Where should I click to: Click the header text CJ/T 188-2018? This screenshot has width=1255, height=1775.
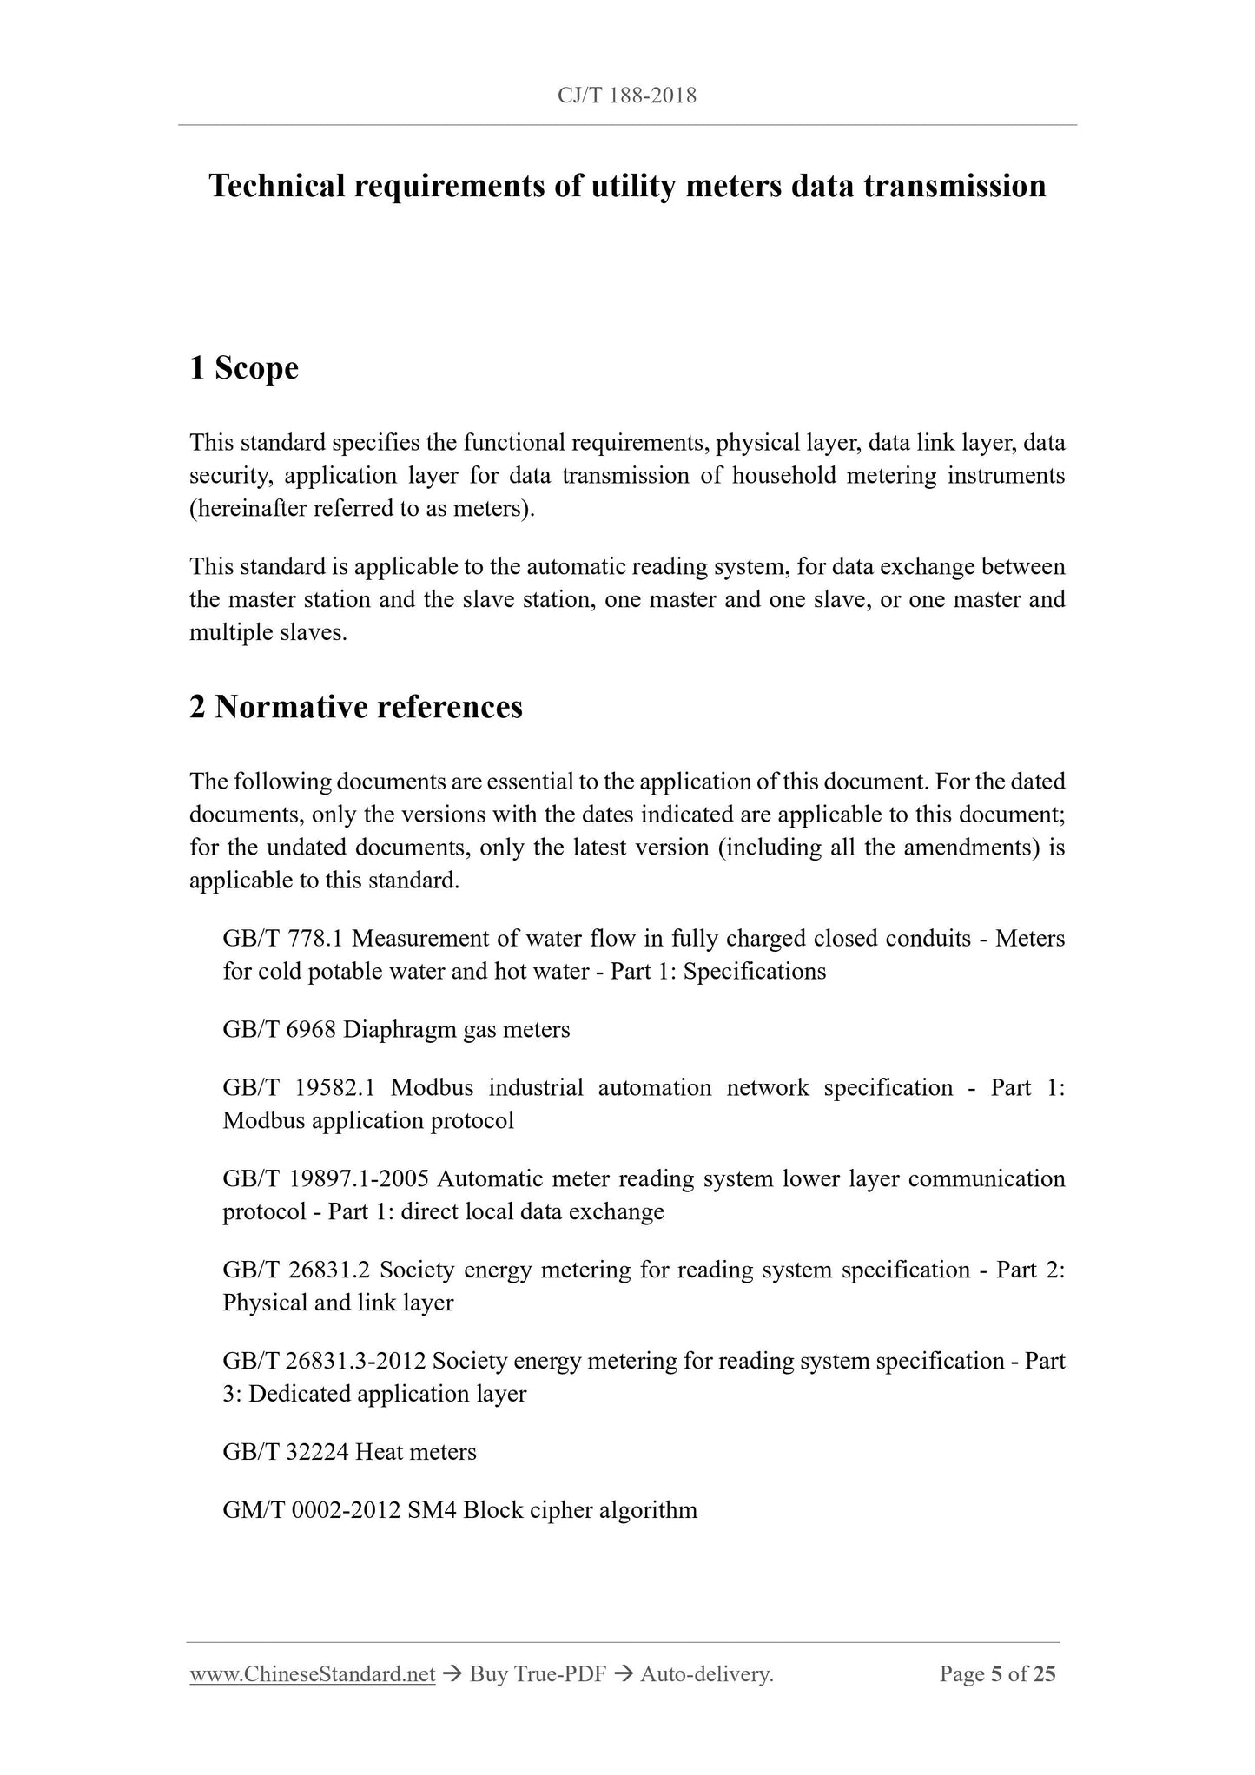(627, 96)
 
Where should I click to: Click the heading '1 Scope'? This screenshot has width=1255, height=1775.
(244, 368)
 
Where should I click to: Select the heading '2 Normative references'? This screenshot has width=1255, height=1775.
(356, 707)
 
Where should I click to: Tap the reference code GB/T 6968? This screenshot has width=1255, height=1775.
(279, 1030)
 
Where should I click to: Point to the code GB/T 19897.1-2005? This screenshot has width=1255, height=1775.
(327, 1179)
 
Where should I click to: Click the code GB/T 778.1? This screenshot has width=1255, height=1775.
(284, 939)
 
